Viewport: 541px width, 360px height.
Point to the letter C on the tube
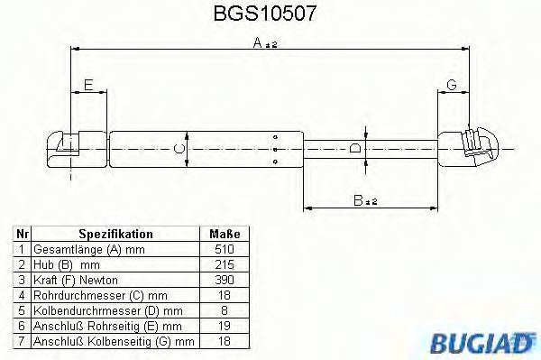179,146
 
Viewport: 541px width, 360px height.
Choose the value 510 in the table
225,248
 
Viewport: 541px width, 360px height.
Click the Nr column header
22,233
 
